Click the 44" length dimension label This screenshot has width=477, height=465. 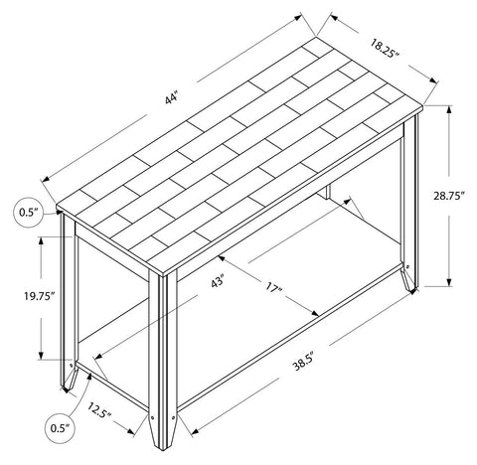tap(172, 98)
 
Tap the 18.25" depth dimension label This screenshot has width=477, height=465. tap(384, 49)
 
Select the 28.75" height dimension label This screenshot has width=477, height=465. tap(447, 196)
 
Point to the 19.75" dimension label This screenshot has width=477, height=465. tap(39, 295)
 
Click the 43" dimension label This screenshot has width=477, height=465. tap(218, 282)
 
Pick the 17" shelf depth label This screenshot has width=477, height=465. tap(272, 287)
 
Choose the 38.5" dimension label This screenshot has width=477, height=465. tap(302, 362)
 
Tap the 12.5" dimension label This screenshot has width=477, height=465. tap(99, 409)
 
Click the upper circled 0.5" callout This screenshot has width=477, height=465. tap(29, 212)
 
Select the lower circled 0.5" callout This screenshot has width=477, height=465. tap(60, 428)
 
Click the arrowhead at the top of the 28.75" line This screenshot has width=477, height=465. tap(449, 110)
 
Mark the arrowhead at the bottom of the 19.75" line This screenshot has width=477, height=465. tap(41, 355)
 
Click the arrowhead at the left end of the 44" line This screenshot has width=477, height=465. tap(46, 179)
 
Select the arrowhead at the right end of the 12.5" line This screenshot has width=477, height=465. tap(130, 431)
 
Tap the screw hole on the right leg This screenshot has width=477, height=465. tap(407, 266)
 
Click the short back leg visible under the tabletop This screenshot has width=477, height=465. tap(328, 192)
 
